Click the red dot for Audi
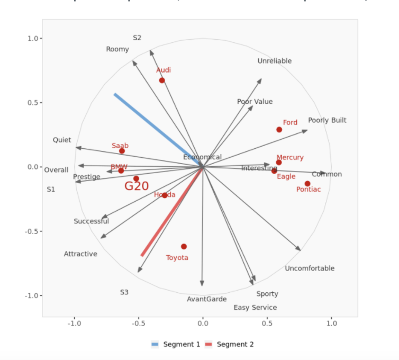coord(162,80)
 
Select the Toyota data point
coord(184,247)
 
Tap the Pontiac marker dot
coord(307,184)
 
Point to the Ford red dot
coord(279,130)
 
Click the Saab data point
coord(122,151)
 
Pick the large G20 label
coord(137,186)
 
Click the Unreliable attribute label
coord(274,61)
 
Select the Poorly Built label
coord(327,120)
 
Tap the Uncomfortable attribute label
coord(310,268)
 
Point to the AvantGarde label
coord(206,299)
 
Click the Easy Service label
coord(255,308)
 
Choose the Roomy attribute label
coord(117,49)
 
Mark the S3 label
coord(124,292)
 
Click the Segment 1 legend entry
coord(176,345)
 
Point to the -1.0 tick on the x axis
coord(75,323)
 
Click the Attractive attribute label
coord(80,254)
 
